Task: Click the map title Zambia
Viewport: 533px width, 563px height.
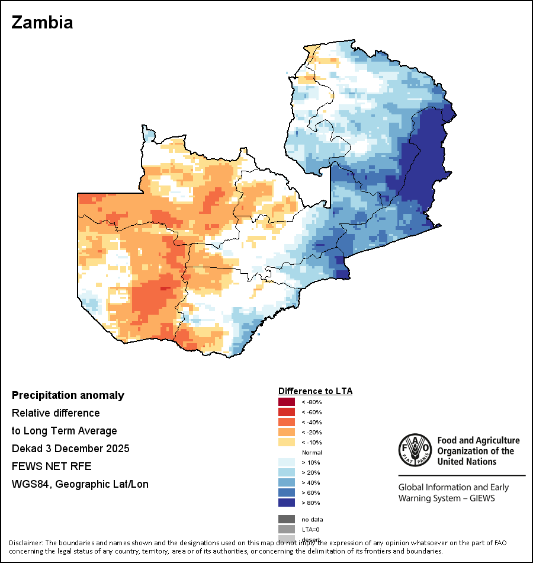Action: [x=42, y=23]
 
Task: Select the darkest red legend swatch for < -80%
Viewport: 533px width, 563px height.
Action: [x=287, y=402]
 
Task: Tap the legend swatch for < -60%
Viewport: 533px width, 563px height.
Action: [x=287, y=412]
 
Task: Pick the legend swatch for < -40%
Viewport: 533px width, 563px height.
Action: [x=287, y=422]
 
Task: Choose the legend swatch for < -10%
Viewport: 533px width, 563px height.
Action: [x=287, y=442]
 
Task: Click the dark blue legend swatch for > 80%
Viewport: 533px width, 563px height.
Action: [x=287, y=503]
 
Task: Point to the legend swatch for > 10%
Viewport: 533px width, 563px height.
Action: [x=287, y=462]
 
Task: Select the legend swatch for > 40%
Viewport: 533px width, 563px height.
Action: [x=287, y=482]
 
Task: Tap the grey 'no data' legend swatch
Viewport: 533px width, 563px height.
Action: [x=287, y=519]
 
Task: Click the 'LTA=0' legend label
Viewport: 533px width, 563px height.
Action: [x=311, y=529]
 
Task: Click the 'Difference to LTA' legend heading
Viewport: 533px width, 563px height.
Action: [x=315, y=391]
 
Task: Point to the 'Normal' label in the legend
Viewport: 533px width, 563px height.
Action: [x=312, y=452]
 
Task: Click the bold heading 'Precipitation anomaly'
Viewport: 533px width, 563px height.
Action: [x=68, y=395]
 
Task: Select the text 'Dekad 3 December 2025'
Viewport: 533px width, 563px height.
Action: [x=70, y=449]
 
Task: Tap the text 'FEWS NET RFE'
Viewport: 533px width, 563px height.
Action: [x=52, y=466]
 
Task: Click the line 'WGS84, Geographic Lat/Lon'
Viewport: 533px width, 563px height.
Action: [x=80, y=484]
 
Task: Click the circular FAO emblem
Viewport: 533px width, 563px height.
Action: [x=415, y=450]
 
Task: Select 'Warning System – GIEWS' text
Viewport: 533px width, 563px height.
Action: [x=447, y=498]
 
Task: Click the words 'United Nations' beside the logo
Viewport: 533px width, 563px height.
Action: [x=466, y=462]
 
